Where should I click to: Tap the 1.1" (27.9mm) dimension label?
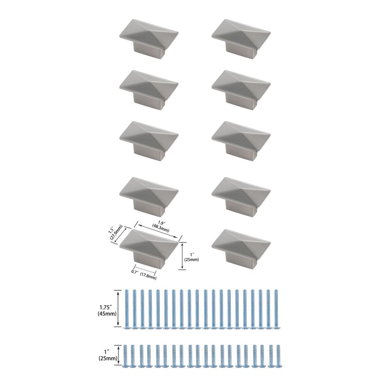(115, 232)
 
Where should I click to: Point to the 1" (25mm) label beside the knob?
(191, 257)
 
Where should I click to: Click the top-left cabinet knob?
(149, 40)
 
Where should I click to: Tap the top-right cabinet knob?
(241, 40)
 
